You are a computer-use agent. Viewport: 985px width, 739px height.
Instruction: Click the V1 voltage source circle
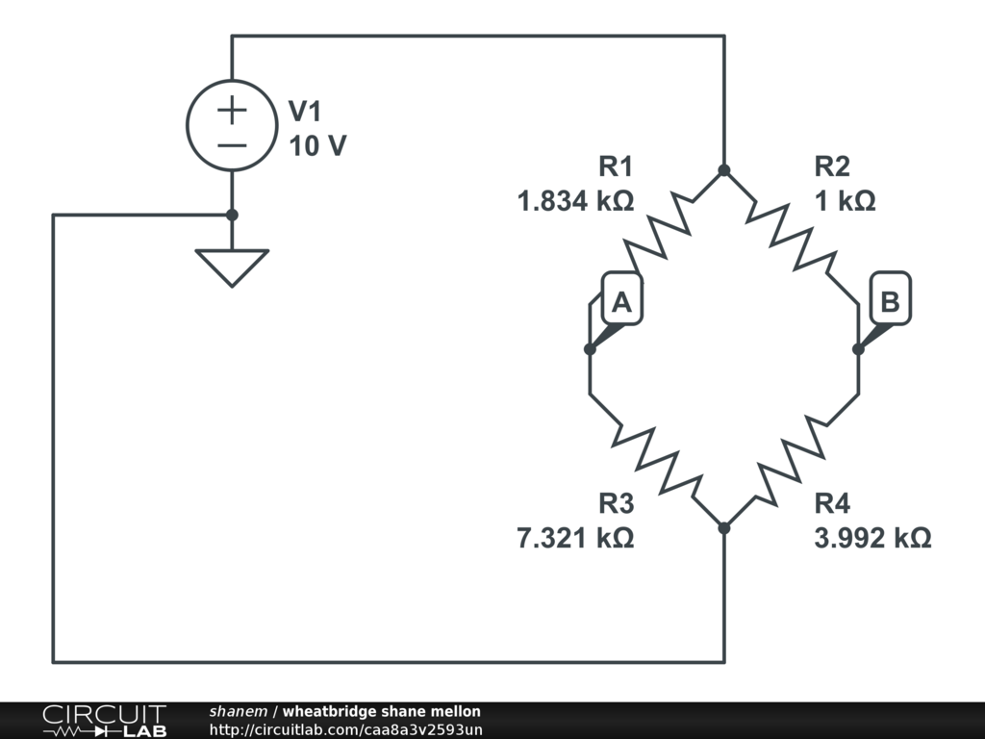click(x=231, y=125)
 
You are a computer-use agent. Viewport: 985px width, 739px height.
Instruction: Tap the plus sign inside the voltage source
click(x=231, y=110)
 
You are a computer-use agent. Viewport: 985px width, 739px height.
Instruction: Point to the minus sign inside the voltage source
click(x=231, y=145)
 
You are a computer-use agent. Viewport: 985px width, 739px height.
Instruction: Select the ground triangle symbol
click(x=231, y=266)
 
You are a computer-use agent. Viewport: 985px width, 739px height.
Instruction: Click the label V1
click(x=305, y=112)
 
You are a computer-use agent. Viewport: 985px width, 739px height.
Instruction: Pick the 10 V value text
click(x=317, y=146)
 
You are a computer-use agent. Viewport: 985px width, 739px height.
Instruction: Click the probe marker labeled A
click(x=621, y=303)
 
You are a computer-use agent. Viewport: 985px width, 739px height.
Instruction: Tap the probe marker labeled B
click(x=890, y=302)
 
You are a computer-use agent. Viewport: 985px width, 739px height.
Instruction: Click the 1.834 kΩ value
click(x=575, y=202)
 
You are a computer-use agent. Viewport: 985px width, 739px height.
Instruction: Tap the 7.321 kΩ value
click(x=575, y=538)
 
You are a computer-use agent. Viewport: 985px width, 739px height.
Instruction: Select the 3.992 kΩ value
click(x=872, y=538)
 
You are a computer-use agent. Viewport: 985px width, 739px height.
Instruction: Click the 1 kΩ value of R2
click(x=845, y=202)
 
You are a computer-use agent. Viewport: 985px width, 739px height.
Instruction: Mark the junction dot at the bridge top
click(x=724, y=170)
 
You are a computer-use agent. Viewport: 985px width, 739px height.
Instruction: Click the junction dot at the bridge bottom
click(x=724, y=527)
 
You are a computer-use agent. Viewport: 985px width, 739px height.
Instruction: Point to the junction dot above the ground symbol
click(x=231, y=215)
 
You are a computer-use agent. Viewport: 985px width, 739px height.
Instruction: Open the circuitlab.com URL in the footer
click(x=345, y=728)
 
